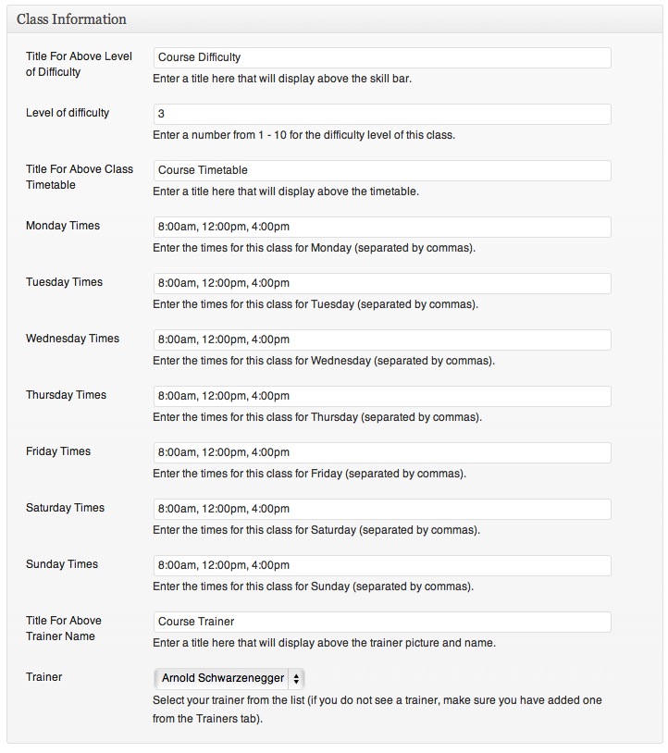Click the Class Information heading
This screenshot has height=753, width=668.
(72, 19)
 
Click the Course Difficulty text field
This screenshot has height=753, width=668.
(381, 57)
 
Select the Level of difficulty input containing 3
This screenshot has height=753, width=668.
(381, 114)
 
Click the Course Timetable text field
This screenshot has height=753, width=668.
(381, 170)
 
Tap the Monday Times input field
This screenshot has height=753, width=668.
(381, 227)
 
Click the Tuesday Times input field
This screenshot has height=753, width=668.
(381, 283)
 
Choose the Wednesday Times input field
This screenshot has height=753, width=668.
(381, 339)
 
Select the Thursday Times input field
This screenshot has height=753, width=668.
(381, 396)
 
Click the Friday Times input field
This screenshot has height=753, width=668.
(381, 452)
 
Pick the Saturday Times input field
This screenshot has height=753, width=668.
(381, 509)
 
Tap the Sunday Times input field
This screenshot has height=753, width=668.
(381, 565)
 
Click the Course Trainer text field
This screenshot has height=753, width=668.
(381, 622)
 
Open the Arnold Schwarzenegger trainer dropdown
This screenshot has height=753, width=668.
(230, 678)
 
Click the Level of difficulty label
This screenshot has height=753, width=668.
(68, 113)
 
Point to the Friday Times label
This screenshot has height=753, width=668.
(58, 451)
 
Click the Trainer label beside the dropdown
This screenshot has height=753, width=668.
(44, 677)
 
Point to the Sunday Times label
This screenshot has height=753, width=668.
(62, 564)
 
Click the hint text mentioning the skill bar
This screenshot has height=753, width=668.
(282, 79)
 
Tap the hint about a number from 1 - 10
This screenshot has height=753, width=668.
(303, 135)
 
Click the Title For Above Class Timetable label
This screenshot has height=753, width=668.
(80, 177)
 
